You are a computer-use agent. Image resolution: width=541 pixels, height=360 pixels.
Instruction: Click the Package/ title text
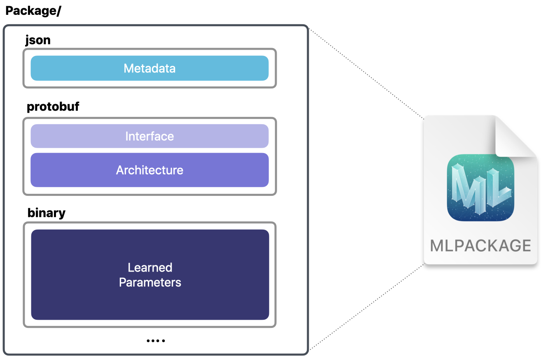(x=33, y=11)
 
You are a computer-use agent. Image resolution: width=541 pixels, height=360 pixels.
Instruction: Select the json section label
(x=38, y=40)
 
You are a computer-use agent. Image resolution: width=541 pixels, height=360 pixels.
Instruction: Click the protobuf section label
(x=53, y=107)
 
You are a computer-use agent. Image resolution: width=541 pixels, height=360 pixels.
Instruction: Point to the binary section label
(x=46, y=213)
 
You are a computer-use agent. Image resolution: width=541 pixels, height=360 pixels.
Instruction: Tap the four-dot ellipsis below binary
(x=156, y=341)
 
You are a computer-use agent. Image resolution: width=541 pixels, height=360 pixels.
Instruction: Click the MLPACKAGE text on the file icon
(x=480, y=246)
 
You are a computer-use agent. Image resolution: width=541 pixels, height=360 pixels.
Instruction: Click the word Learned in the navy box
(x=150, y=268)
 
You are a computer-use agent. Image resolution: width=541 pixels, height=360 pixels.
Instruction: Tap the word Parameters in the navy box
(x=150, y=283)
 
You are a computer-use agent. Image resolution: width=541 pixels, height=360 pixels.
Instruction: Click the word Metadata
(x=149, y=68)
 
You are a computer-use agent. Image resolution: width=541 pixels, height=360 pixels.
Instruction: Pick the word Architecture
(x=149, y=170)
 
